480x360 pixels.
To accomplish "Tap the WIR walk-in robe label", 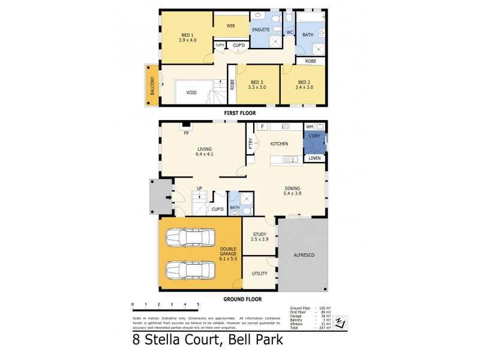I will [x=230, y=26].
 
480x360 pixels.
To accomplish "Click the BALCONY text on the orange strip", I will [x=152, y=85].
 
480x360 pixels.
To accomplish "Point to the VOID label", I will [x=191, y=93].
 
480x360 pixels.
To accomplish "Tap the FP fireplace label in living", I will [x=187, y=133].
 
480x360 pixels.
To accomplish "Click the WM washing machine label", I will [x=310, y=127].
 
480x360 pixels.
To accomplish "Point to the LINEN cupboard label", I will [x=314, y=158].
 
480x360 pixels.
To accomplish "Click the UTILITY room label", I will [x=259, y=273].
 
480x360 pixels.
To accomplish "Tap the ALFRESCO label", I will [x=304, y=254].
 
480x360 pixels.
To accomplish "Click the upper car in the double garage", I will [x=190, y=237].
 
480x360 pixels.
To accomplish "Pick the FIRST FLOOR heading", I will [x=240, y=112].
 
